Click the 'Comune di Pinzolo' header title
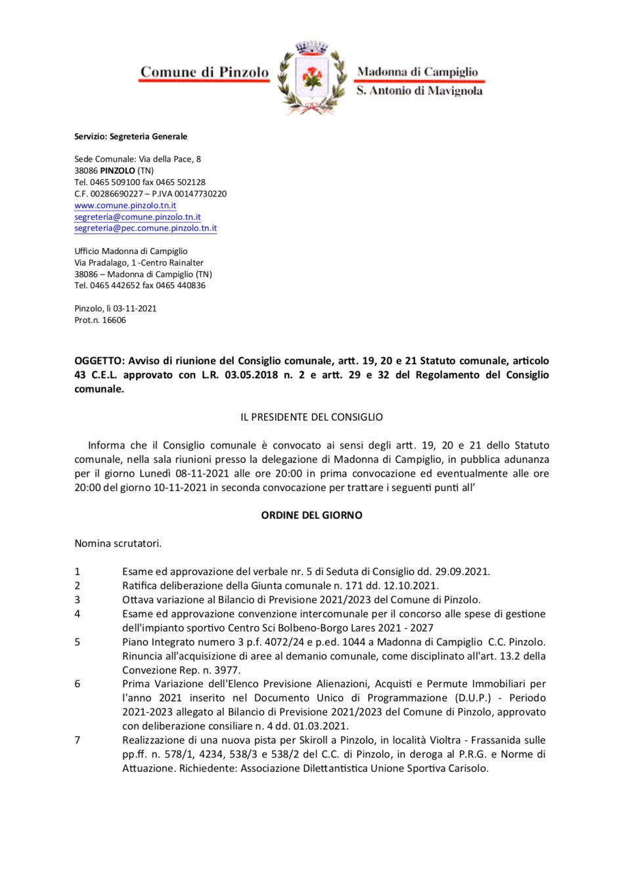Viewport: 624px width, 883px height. point(204,72)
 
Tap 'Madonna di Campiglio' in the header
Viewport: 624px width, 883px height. point(417,72)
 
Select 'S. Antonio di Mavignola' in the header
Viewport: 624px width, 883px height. point(419,91)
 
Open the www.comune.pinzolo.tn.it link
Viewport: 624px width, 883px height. point(125,205)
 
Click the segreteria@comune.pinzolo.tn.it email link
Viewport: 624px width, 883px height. point(137,217)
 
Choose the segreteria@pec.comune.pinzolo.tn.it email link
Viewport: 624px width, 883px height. point(145,228)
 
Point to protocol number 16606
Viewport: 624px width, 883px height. point(114,320)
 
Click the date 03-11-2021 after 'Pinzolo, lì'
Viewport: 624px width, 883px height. point(135,309)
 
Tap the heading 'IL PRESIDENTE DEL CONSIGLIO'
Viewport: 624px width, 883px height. point(311,417)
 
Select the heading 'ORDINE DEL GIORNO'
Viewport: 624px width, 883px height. point(311,515)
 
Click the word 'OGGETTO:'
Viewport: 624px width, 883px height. point(99,360)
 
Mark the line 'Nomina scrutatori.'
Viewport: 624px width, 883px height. point(118,544)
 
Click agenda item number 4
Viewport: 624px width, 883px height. point(78,614)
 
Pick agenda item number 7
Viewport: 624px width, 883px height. point(78,740)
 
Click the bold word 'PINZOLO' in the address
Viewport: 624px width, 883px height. point(118,171)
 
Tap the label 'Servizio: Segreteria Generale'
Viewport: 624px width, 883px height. point(131,137)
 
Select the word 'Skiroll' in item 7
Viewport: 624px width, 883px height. point(313,740)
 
